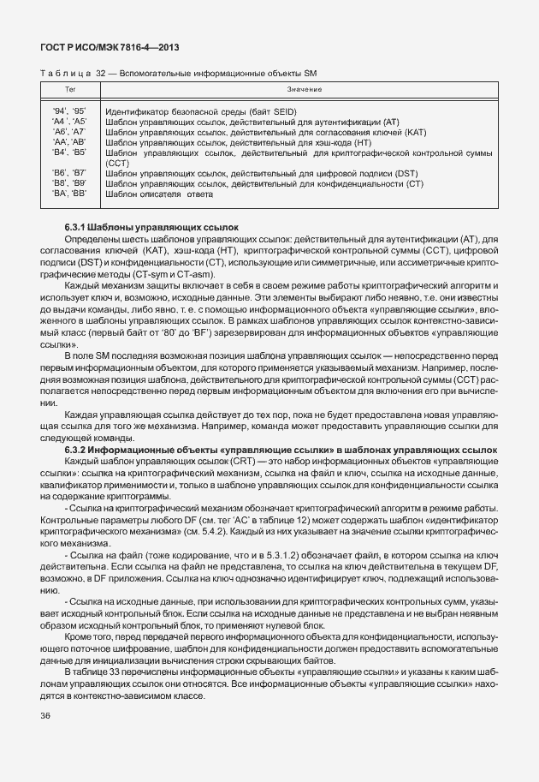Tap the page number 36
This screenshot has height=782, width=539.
tap(45, 716)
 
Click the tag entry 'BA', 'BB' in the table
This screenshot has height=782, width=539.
tap(69, 194)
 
